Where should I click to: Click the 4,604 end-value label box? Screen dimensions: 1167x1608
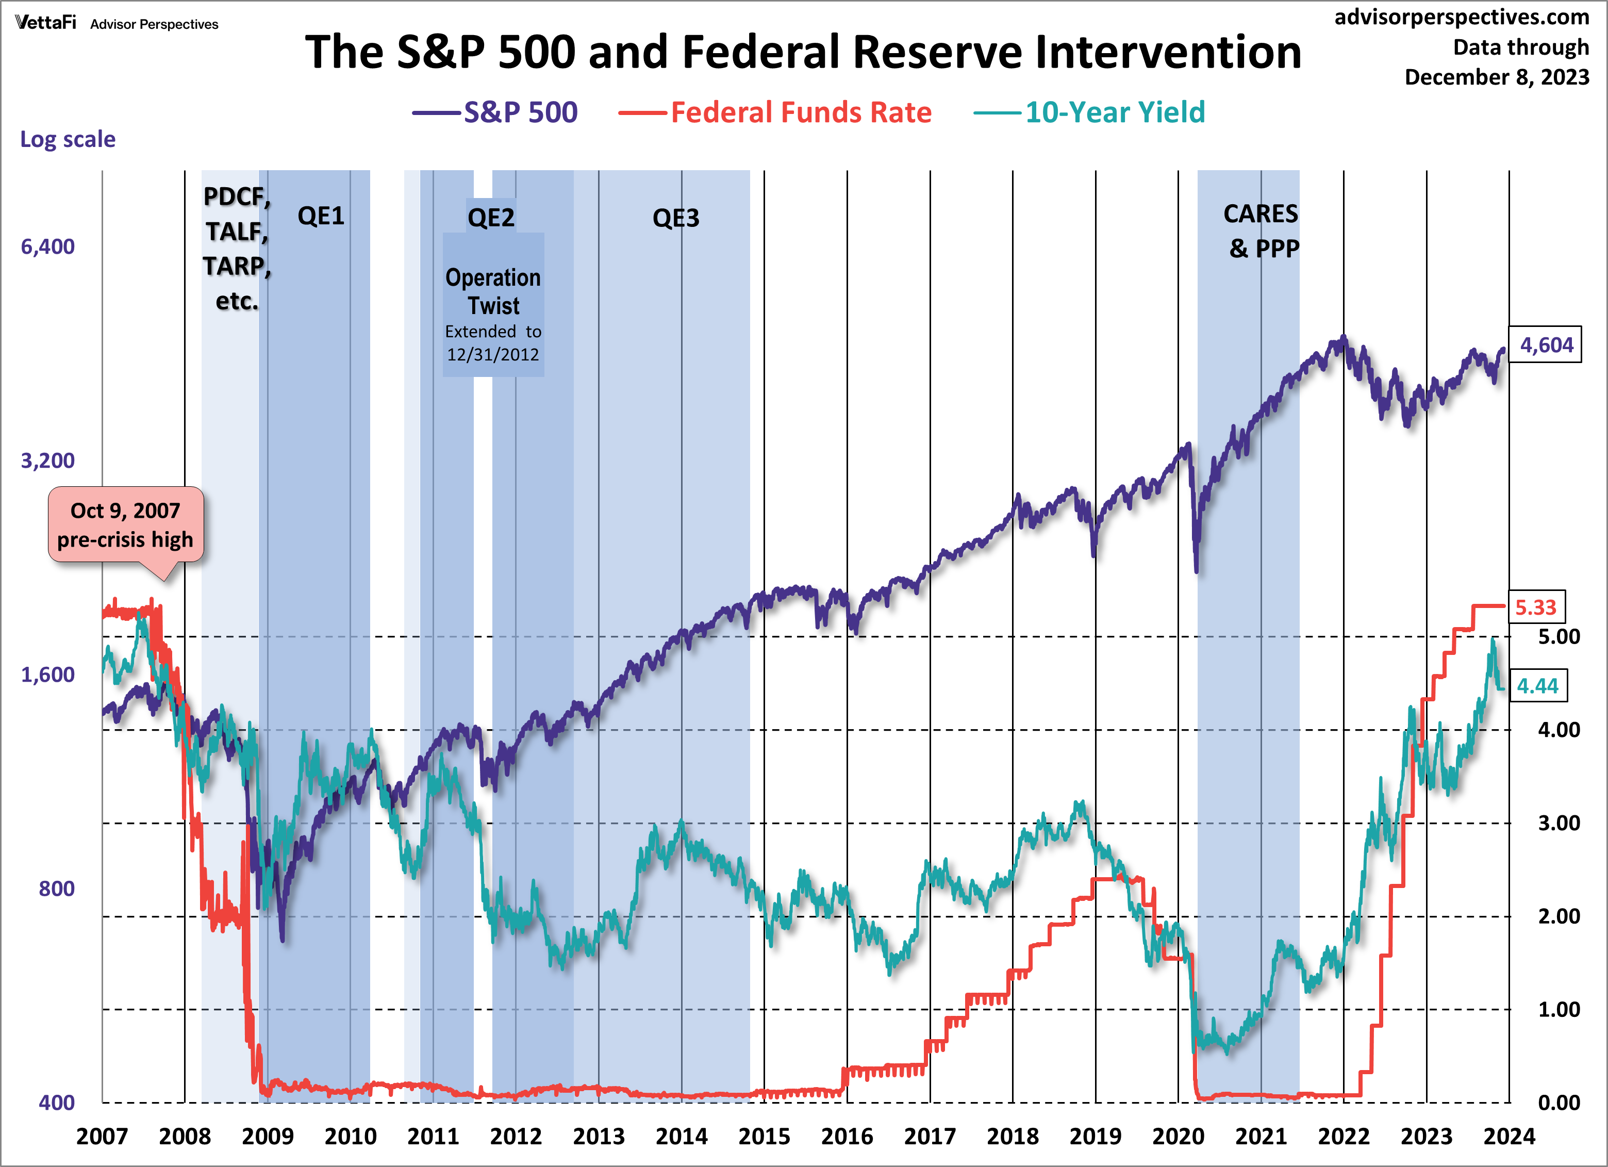point(1546,346)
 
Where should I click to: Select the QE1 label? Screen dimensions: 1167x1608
point(321,216)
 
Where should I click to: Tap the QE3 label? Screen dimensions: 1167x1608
point(676,218)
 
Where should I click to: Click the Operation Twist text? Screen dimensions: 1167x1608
point(493,291)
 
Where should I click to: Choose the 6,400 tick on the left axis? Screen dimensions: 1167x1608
point(47,246)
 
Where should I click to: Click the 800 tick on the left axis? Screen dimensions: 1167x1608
point(56,889)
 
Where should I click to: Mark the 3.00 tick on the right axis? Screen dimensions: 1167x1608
point(1559,823)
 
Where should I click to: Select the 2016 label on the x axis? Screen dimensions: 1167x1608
point(847,1137)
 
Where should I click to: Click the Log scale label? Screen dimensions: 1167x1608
point(68,139)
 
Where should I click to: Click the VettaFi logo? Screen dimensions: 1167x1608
point(45,23)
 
